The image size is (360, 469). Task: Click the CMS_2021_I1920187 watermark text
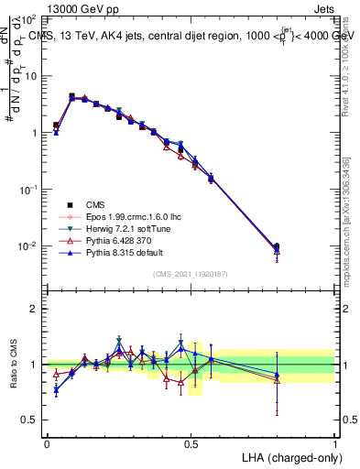tap(191, 274)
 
